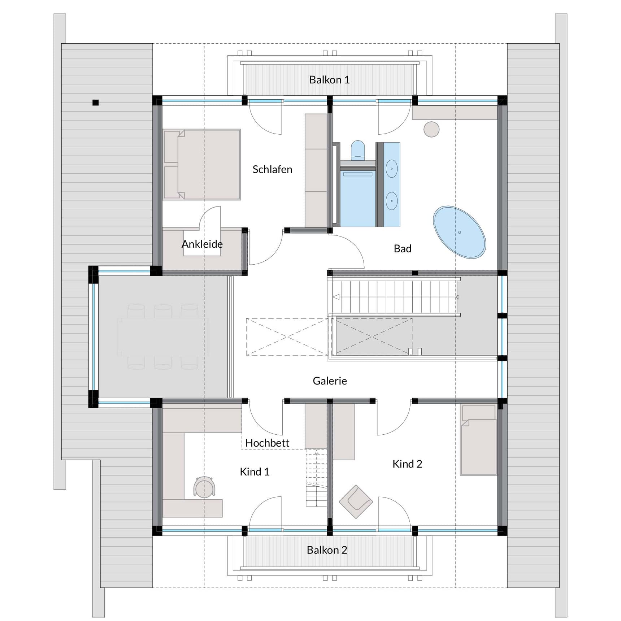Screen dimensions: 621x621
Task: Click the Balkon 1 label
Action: click(329, 80)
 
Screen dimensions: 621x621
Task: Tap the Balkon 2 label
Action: click(327, 550)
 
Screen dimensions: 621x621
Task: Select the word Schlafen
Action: click(272, 169)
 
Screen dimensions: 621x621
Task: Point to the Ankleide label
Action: click(202, 244)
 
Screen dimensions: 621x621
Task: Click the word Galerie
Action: click(330, 381)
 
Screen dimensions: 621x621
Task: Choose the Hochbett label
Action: click(267, 443)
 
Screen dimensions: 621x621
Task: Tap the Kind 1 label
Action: click(255, 472)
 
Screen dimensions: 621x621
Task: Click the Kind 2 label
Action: click(407, 464)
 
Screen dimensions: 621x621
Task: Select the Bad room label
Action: click(403, 249)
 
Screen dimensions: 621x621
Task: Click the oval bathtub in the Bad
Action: click(459, 232)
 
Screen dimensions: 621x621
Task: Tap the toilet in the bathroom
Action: click(358, 150)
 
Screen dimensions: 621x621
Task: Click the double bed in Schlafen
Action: click(202, 164)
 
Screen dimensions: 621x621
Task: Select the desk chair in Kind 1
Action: click(204, 487)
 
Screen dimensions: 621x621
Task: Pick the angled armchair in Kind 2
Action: click(356, 501)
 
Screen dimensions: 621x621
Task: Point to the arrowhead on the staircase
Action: click(336, 297)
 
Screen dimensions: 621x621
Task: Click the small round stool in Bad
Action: click(431, 129)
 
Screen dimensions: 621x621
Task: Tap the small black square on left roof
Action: click(95, 103)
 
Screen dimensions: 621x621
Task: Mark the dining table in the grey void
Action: click(162, 336)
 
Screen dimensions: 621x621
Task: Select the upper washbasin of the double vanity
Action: click(392, 169)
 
